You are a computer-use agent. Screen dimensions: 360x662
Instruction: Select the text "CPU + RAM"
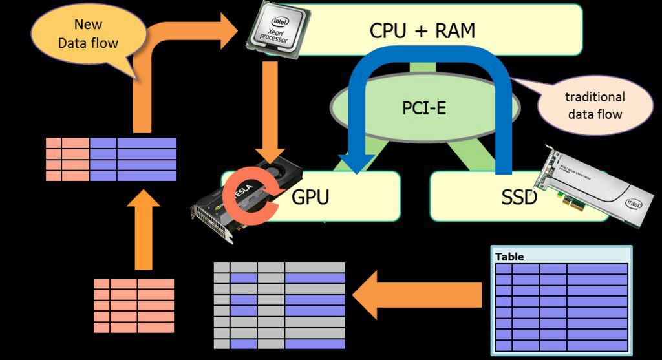422,30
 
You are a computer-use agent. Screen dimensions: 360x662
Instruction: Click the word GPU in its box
310,196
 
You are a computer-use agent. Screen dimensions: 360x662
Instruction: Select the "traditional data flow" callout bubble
594,106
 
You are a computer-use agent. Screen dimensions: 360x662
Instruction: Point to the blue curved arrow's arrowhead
355,162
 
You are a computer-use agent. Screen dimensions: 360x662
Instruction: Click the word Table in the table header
509,257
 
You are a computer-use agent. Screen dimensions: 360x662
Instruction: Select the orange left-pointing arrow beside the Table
420,294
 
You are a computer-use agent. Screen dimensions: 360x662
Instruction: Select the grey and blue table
279,301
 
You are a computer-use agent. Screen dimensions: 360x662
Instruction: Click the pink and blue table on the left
111,159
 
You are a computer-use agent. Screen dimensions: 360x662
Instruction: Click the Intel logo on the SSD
633,205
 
